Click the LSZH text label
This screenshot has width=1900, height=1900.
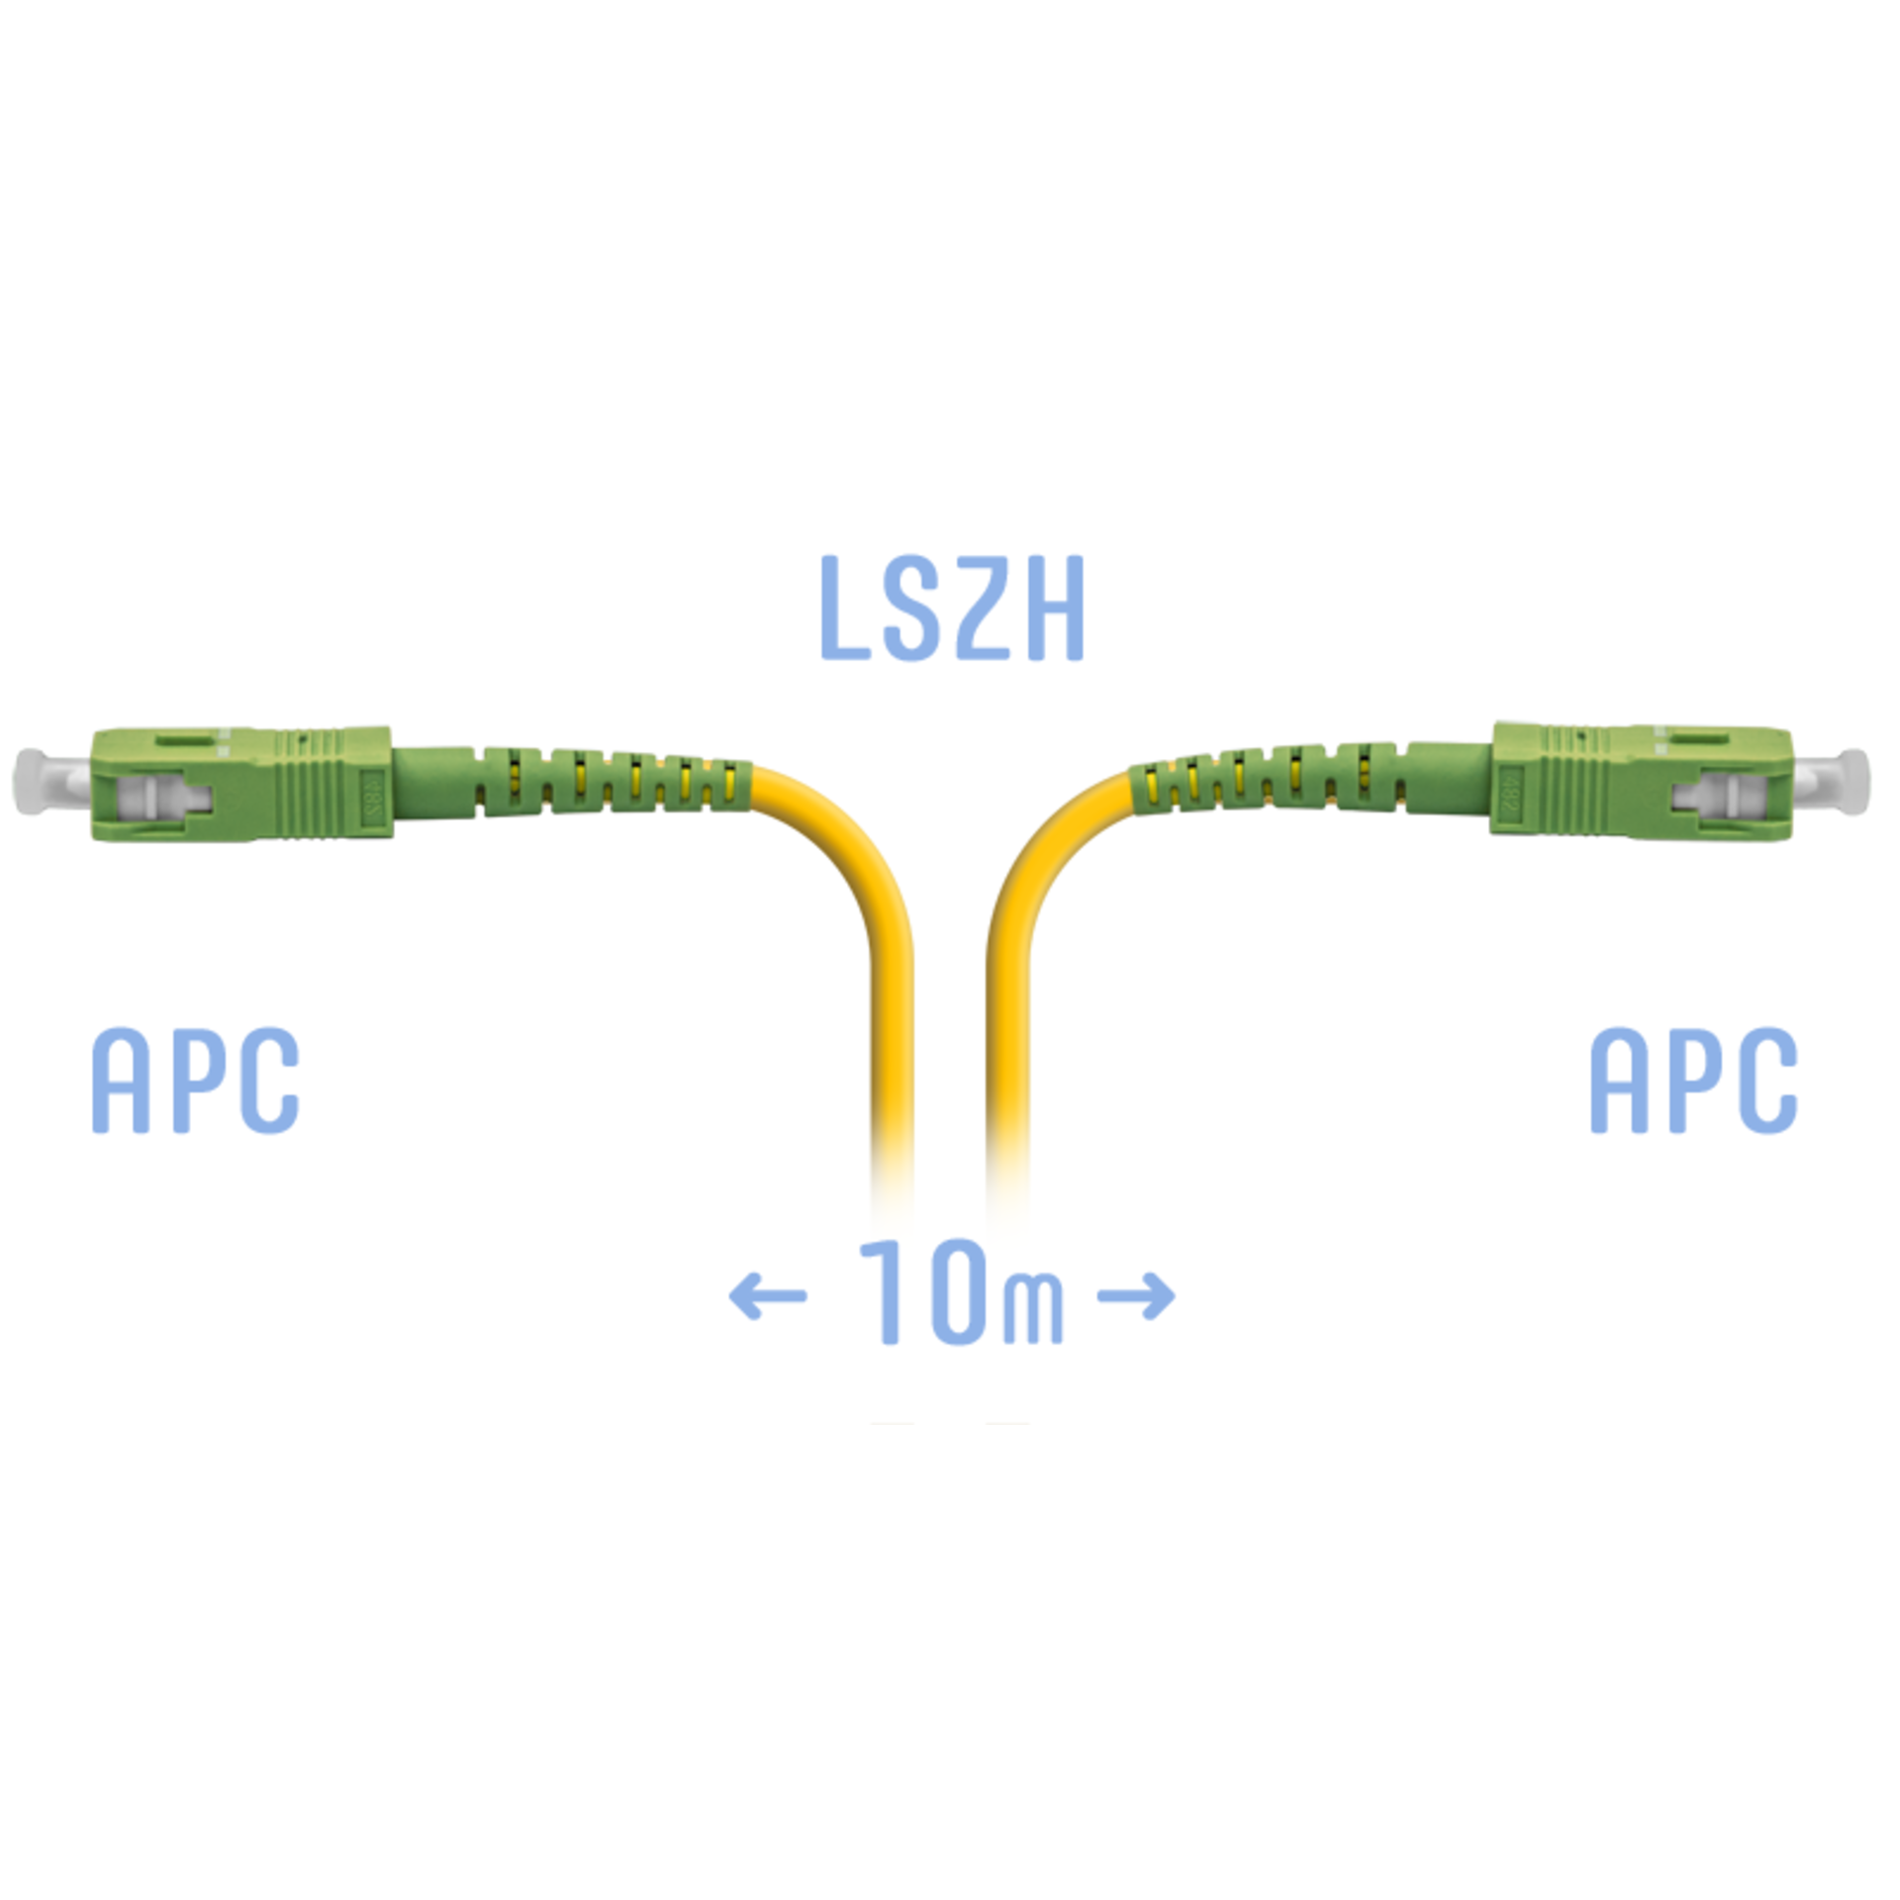click(952, 608)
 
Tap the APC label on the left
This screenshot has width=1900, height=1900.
click(195, 1080)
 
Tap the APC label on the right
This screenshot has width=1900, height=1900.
click(1693, 1080)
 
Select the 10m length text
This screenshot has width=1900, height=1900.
click(961, 1291)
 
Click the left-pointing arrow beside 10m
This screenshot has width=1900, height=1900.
click(768, 1295)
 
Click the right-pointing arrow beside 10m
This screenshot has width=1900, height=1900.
click(1137, 1295)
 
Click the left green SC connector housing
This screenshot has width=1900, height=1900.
click(240, 784)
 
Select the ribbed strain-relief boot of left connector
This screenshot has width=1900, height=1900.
click(571, 781)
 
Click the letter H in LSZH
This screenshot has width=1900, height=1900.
click(1056, 608)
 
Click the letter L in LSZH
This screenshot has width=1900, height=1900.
click(844, 608)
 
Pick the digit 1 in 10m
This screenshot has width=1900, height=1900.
click(885, 1291)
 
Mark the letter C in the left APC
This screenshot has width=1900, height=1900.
click(270, 1080)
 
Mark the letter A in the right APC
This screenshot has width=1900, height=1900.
click(1618, 1080)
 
